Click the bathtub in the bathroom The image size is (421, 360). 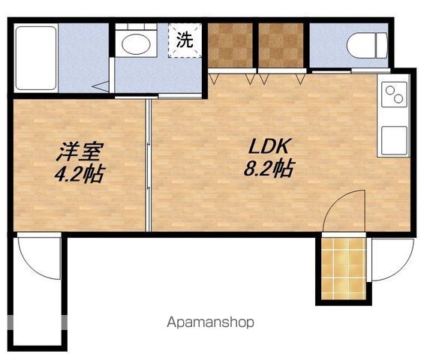[x=36, y=58]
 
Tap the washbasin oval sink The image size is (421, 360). [x=136, y=44]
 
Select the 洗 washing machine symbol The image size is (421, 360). [x=185, y=40]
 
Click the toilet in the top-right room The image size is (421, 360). [x=367, y=45]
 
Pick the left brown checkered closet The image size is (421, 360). [x=230, y=45]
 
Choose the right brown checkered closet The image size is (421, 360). [x=281, y=45]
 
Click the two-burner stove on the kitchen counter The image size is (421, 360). [x=394, y=94]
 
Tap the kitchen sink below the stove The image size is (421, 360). [x=394, y=140]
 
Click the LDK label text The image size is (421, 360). [x=269, y=146]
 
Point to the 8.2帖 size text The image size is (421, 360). [x=269, y=169]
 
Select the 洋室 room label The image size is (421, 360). [x=80, y=151]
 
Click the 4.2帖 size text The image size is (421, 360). [x=80, y=173]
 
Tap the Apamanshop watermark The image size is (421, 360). [x=210, y=322]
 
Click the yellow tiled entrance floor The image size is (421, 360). [x=344, y=268]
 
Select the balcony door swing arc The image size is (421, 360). [x=30, y=269]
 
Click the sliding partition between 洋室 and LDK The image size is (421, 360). [x=149, y=166]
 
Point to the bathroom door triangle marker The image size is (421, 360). [x=101, y=86]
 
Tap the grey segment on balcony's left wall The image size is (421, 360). [x=10, y=322]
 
